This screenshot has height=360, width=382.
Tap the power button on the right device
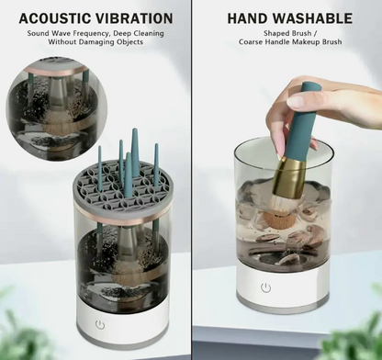pos(265,287)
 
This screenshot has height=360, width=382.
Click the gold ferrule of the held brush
pos(289,177)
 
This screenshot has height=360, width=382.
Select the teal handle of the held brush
pos(301,122)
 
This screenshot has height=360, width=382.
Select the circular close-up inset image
pos(57,108)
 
